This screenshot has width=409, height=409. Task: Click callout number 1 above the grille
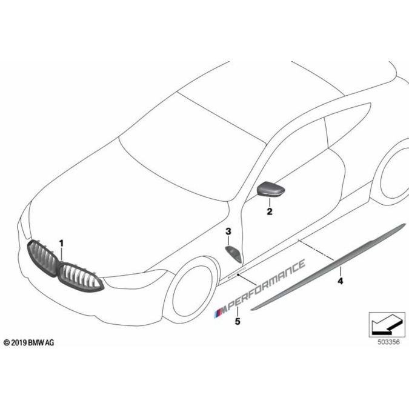click(61, 244)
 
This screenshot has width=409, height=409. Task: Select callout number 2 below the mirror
click(270, 211)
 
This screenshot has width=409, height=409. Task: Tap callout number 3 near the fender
click(228, 231)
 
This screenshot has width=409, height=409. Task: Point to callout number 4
click(340, 281)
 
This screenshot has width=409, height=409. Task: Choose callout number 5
click(238, 322)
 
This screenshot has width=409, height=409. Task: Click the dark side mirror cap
click(271, 189)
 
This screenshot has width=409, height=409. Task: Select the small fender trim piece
click(233, 254)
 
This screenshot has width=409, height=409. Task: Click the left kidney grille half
click(42, 258)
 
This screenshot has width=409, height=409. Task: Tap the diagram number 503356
click(388, 342)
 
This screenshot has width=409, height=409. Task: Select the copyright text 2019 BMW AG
click(28, 342)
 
